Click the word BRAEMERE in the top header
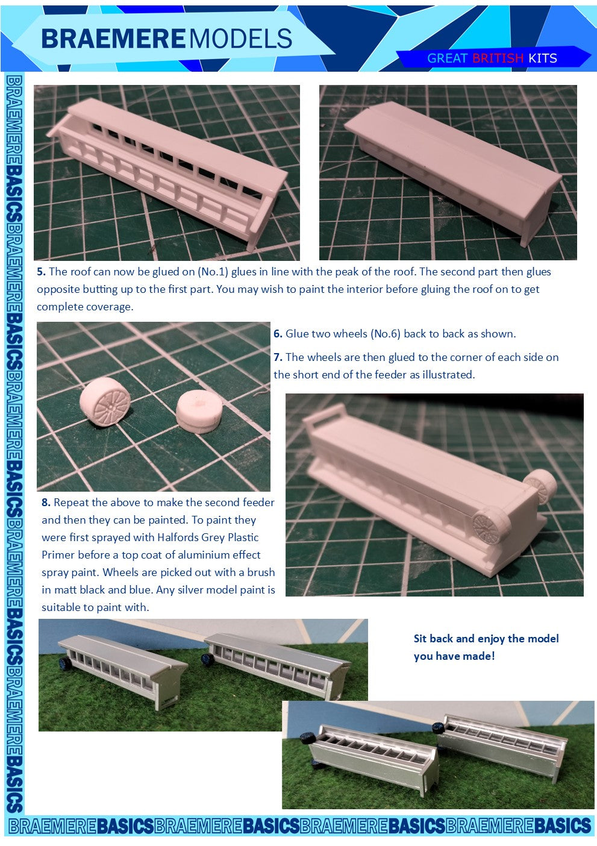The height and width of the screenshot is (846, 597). [114, 39]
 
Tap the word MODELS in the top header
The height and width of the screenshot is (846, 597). [240, 39]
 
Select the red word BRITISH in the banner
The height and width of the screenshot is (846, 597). [498, 58]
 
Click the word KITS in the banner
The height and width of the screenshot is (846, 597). [543, 58]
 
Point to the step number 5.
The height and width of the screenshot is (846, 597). [41, 272]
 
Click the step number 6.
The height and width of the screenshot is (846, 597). [278, 333]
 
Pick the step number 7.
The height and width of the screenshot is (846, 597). [278, 357]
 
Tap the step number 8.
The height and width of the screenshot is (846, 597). [46, 503]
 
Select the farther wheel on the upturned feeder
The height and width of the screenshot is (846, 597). [541, 487]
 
